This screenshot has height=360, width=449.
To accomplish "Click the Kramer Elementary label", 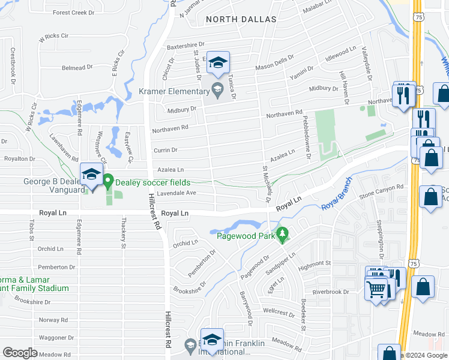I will click(173, 91).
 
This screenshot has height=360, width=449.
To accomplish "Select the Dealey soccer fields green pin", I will click(108, 181).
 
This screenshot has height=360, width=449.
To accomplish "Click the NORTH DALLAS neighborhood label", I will click(241, 19).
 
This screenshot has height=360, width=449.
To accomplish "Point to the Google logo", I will click(20, 353).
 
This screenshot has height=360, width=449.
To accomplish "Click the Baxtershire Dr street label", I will click(186, 45).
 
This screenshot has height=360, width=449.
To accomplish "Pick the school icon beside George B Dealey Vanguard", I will click(91, 175).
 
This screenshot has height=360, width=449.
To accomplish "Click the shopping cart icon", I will click(376, 289).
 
